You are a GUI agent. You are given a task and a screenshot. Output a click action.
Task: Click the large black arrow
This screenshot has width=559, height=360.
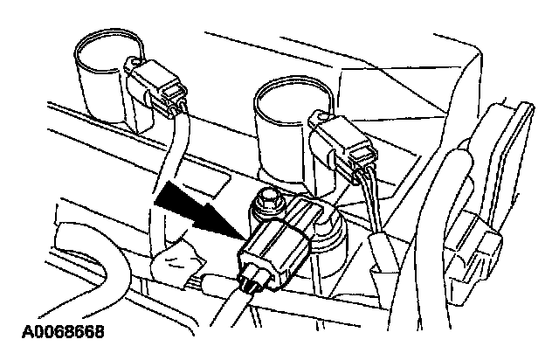point(198,211)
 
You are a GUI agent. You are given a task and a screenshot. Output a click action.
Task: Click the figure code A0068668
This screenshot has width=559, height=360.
point(63,331)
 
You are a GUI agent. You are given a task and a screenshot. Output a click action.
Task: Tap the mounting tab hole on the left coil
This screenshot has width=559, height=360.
point(135,63)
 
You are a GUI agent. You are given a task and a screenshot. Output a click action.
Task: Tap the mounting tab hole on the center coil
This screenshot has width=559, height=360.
point(322,116)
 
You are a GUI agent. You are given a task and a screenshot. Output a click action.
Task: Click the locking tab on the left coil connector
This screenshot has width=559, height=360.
point(174,90)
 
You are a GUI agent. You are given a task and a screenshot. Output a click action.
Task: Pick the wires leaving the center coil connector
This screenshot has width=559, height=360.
point(370,204)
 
